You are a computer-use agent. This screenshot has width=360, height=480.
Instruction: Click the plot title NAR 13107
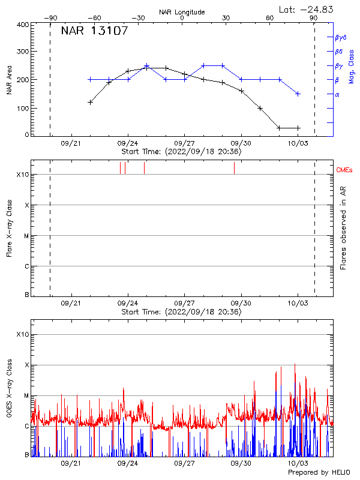click(x=94, y=31)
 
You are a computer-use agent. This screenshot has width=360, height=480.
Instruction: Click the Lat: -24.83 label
click(x=307, y=9)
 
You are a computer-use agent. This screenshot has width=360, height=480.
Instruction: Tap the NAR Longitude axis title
click(x=182, y=12)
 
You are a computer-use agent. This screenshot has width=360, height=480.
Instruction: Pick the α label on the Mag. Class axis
click(x=337, y=94)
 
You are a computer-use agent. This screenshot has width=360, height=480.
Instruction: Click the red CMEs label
click(x=344, y=170)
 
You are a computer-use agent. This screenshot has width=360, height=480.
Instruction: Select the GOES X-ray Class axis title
click(x=10, y=396)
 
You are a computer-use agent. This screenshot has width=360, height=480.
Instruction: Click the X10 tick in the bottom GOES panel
click(x=23, y=334)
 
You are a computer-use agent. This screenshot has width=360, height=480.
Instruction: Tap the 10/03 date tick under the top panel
click(x=298, y=143)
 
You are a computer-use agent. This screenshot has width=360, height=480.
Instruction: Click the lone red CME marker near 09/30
click(x=234, y=168)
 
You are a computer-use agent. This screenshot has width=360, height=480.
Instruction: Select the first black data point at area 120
click(x=90, y=102)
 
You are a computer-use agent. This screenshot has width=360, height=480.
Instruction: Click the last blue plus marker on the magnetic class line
click(x=298, y=94)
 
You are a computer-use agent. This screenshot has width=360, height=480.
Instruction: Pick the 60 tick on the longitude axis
click(x=270, y=18)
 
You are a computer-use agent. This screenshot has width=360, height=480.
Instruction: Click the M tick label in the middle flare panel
click(x=26, y=236)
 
